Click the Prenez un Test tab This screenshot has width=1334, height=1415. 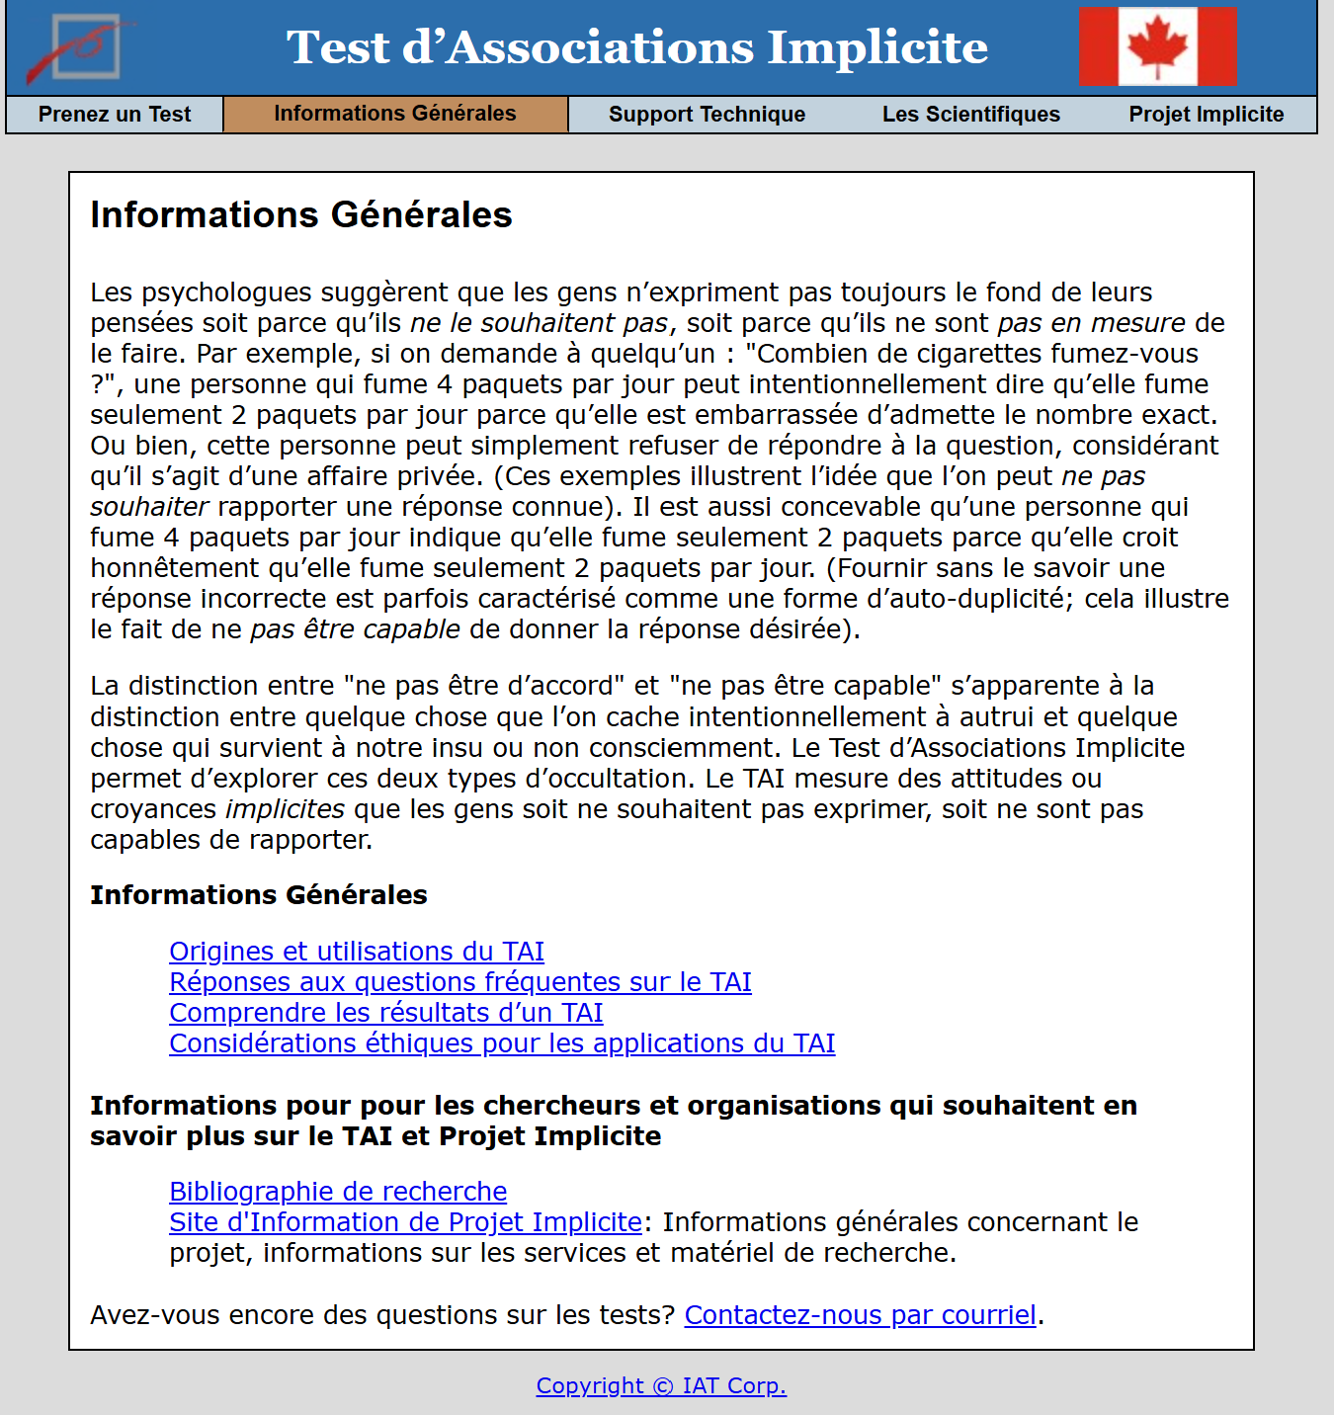pyautogui.click(x=115, y=115)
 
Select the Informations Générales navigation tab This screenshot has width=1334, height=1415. pyautogui.click(x=395, y=114)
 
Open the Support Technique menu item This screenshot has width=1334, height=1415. pyautogui.click(x=707, y=115)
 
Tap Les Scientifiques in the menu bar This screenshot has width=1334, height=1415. pyautogui.click(x=970, y=115)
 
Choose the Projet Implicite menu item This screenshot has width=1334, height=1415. pyautogui.click(x=1206, y=115)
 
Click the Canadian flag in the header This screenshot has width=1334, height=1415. pyautogui.click(x=1157, y=47)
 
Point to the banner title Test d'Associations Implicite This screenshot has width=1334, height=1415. pyautogui.click(x=637, y=47)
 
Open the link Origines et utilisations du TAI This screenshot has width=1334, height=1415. pyautogui.click(x=357, y=952)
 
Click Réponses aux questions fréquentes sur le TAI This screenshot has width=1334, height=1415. pyautogui.click(x=460, y=982)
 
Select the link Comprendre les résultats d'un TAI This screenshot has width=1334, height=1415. pyautogui.click(x=386, y=1013)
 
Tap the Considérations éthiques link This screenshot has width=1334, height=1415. pyautogui.click(x=502, y=1043)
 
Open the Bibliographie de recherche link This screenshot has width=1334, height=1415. pyautogui.click(x=338, y=1192)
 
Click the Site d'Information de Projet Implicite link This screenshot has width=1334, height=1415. pyautogui.click(x=406, y=1222)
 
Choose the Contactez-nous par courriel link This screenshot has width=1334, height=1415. pyautogui.click(x=860, y=1315)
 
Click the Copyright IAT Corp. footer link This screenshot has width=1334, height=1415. pyautogui.click(x=661, y=1385)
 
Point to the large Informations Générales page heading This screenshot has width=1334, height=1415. pyautogui.click(x=301, y=215)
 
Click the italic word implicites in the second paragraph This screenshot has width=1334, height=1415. pyautogui.click(x=285, y=809)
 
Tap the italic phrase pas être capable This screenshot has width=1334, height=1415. pyautogui.click(x=355, y=629)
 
